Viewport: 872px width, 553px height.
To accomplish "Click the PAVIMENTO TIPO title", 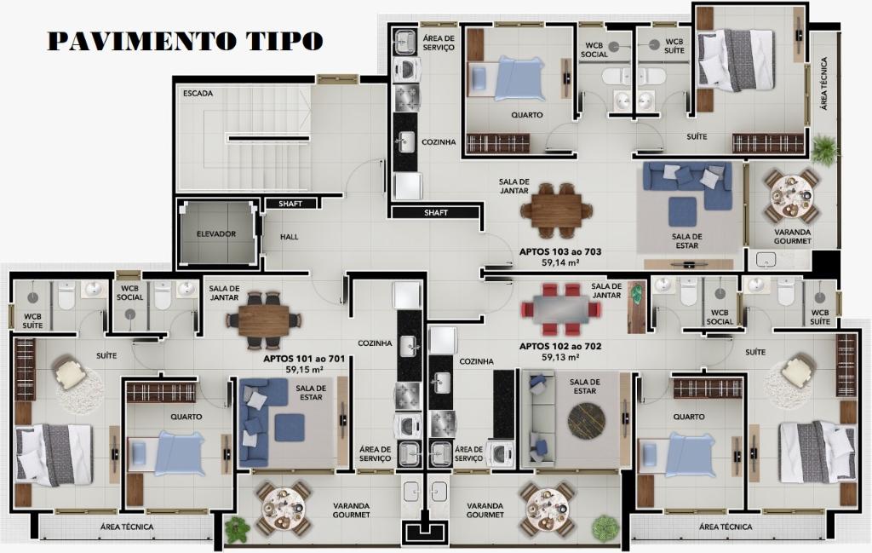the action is click(x=185, y=41).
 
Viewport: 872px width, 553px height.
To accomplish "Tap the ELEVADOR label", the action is click(x=216, y=234).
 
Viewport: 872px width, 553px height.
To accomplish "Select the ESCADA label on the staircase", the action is click(x=198, y=94).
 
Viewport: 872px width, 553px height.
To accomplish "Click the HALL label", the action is click(x=290, y=237).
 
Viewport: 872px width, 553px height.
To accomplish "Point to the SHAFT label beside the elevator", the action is click(x=290, y=204).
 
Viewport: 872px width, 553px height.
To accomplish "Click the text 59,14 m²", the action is click(x=560, y=262).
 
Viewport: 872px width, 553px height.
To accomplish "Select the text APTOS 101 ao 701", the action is click(x=304, y=359).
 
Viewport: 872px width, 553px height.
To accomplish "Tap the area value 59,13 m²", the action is click(x=560, y=357).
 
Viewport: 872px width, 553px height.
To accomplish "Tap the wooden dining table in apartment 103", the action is click(x=557, y=210).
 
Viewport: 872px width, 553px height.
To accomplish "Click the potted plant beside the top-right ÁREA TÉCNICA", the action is click(x=825, y=148).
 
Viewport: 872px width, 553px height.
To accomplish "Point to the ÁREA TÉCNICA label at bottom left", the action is click(x=127, y=527).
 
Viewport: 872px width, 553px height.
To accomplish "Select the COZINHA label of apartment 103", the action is click(x=439, y=142).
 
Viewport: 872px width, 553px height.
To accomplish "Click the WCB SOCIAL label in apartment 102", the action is click(x=720, y=317).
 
